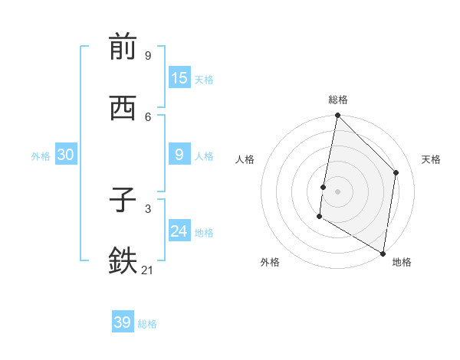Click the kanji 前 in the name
(123, 47)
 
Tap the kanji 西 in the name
(123, 110)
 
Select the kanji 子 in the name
(123, 201)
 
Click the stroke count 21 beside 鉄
(148, 269)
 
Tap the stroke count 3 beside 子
(148, 208)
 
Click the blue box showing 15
(179, 78)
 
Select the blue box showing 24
(179, 231)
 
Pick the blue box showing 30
(65, 155)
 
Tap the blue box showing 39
(122, 322)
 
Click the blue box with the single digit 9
(179, 155)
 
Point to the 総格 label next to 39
(147, 324)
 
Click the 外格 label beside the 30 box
(41, 156)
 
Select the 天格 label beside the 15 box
(203, 80)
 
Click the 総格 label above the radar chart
(337, 100)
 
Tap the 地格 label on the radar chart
(402, 262)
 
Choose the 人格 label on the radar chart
(245, 159)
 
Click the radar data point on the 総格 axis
(337, 116)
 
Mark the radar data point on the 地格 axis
(383, 253)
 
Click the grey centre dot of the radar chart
(337, 191)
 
